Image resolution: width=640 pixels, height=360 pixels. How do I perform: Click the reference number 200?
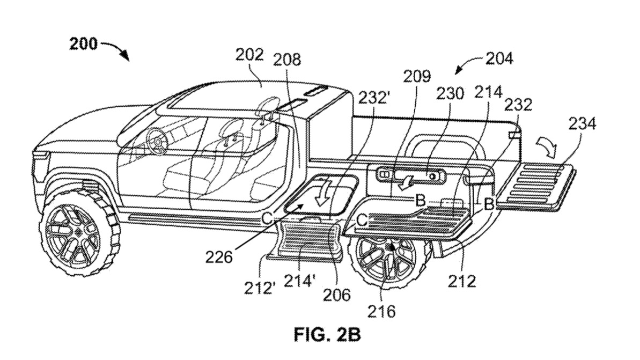[84, 44]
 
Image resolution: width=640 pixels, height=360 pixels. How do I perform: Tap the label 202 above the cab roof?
[249, 55]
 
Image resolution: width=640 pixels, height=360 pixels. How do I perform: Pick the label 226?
[218, 258]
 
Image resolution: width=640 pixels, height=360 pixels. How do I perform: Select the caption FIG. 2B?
[327, 335]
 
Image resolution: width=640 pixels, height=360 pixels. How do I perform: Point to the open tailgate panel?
[536, 183]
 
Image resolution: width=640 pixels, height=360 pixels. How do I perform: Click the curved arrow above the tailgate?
[546, 144]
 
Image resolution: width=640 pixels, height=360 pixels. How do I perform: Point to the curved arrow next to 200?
[116, 49]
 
